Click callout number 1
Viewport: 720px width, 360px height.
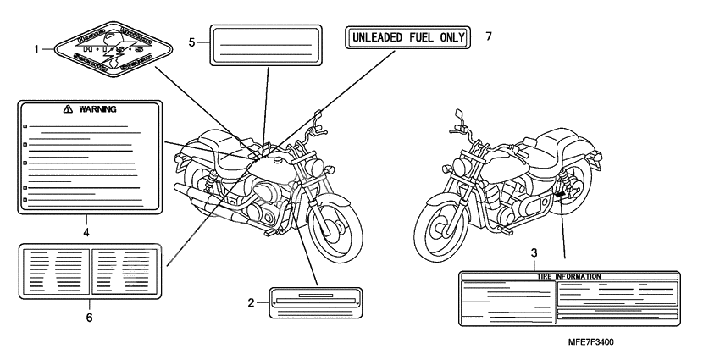click(36, 49)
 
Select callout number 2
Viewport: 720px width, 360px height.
click(252, 302)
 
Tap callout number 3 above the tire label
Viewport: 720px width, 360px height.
click(534, 253)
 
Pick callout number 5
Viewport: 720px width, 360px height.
click(191, 41)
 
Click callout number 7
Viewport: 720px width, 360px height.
click(489, 36)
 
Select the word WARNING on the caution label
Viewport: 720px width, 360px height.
click(97, 109)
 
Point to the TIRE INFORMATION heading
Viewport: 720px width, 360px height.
click(569, 277)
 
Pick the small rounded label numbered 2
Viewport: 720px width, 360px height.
click(315, 302)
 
